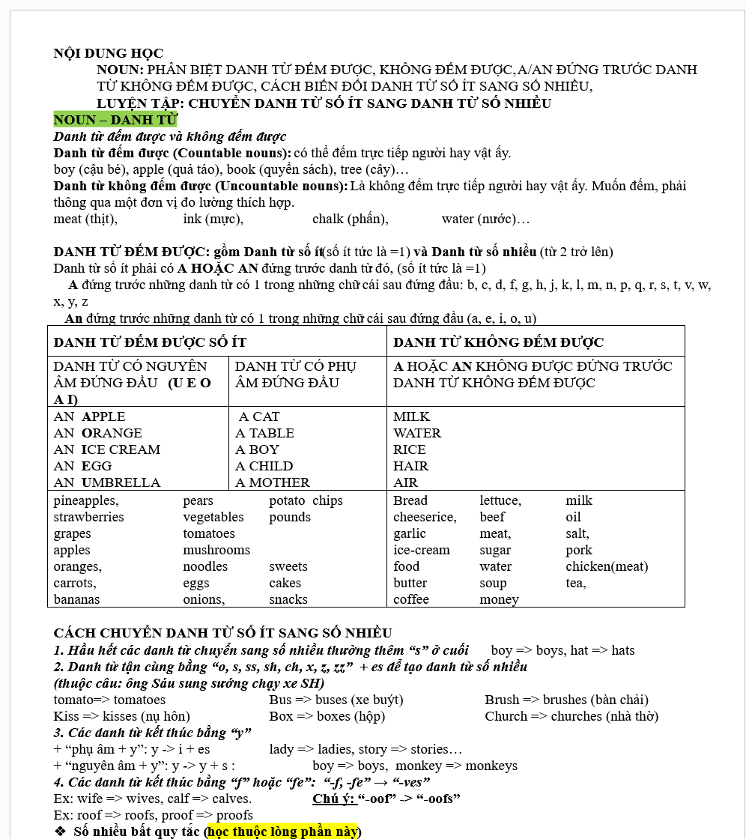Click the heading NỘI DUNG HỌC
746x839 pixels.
[108, 53]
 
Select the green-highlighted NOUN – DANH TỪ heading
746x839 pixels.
[115, 120]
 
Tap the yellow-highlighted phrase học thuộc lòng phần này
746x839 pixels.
[283, 832]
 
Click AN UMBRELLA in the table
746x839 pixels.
[107, 482]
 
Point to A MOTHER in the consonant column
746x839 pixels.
[273, 482]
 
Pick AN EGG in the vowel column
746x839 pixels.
[82, 466]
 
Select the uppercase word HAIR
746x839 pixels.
[410, 466]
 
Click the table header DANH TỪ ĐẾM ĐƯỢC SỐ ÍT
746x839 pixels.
[150, 342]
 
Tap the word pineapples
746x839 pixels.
[85, 500]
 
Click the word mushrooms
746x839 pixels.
[216, 550]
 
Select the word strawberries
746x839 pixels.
[88, 517]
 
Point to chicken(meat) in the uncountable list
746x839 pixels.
[607, 566]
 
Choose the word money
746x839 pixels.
[499, 599]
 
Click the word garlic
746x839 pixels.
[409, 533]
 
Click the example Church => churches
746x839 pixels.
[571, 716]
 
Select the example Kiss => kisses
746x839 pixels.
[121, 716]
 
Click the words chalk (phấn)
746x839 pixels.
[350, 219]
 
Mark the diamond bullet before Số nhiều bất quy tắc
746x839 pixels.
[61, 832]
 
